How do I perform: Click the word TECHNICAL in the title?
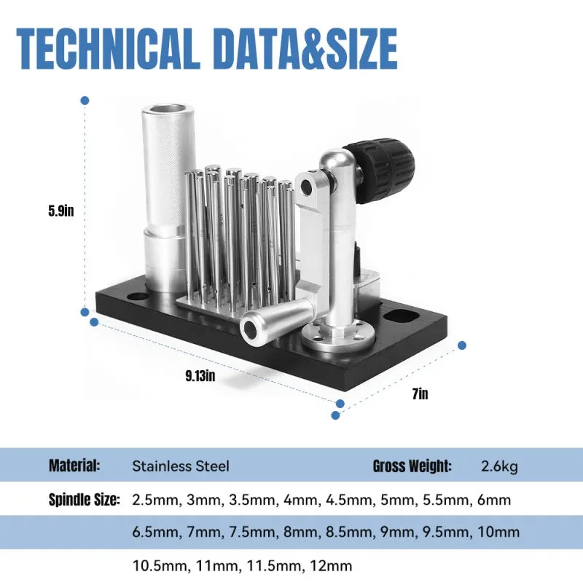[106, 49]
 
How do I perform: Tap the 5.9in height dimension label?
[61, 211]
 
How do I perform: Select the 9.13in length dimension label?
[200, 376]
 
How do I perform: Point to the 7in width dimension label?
[420, 394]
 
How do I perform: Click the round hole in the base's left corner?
[137, 297]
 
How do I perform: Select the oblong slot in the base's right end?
[402, 317]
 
